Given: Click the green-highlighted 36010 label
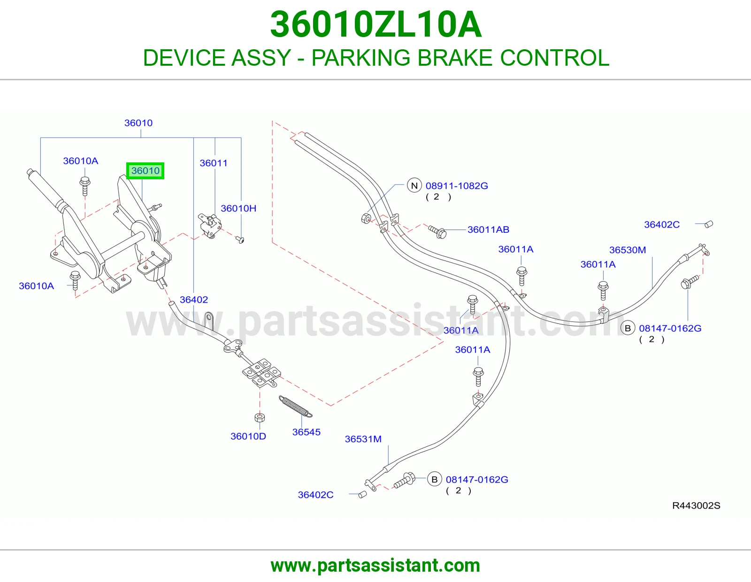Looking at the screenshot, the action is tap(145, 171).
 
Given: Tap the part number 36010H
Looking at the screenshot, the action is tap(238, 208).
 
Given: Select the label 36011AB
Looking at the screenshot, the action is tap(488, 230).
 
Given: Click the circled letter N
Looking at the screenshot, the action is tap(414, 185).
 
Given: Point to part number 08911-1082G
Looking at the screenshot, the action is tap(457, 186).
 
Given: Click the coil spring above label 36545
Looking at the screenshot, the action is tap(296, 406).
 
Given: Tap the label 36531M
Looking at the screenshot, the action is tap(363, 439).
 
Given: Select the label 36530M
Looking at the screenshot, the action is tap(628, 250).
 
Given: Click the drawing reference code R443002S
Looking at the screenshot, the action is tap(696, 505).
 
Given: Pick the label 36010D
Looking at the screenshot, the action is tap(248, 436).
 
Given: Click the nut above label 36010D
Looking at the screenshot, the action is tap(260, 418).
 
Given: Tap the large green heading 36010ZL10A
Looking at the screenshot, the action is tap(375, 24).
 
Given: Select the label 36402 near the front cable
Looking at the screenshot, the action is tap(194, 299).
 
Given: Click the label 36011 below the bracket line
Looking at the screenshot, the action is tap(214, 163).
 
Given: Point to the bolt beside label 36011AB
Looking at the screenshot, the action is tap(437, 231).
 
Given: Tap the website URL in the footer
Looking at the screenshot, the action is tap(375, 566).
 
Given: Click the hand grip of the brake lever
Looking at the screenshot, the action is tap(45, 188).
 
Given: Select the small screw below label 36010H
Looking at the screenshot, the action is tap(240, 239).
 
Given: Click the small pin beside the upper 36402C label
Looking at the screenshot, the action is tap(708, 224).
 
